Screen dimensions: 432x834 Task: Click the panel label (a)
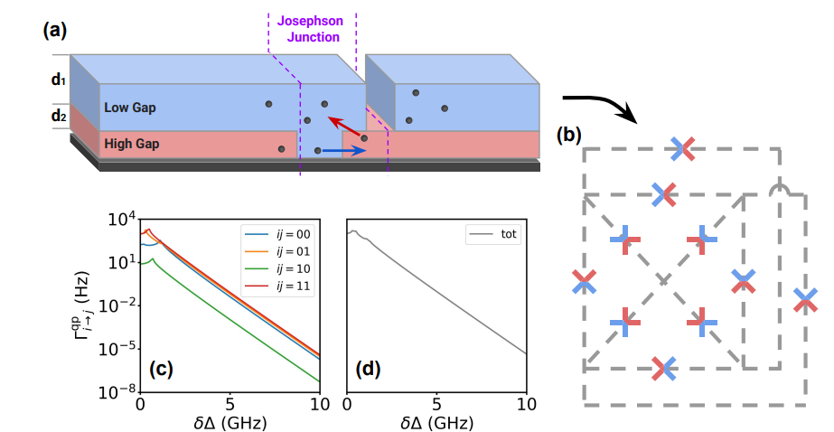(53, 29)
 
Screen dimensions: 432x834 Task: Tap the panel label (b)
(569, 136)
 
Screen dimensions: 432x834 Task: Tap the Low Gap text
(130, 108)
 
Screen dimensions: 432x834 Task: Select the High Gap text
(132, 143)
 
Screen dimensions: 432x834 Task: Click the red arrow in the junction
(344, 127)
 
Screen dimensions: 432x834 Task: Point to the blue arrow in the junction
(344, 151)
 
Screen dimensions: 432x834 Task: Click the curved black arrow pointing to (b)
(602, 104)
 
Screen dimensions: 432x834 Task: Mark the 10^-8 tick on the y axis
(121, 390)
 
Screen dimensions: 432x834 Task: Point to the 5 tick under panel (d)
(436, 403)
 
